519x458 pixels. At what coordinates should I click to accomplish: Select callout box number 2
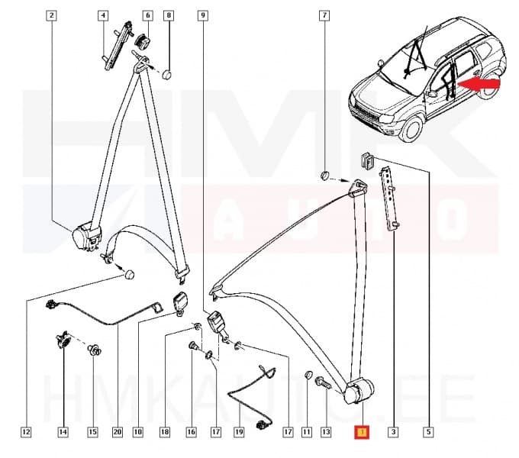click(x=51, y=15)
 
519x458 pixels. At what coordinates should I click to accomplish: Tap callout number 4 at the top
click(x=103, y=15)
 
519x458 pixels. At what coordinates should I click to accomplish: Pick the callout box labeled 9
click(x=202, y=15)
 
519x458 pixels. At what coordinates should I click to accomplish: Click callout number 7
click(x=324, y=15)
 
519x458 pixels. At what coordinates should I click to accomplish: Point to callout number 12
click(x=26, y=433)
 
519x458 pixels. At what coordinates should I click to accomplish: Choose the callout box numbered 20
click(x=117, y=433)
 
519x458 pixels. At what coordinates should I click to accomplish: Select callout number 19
click(x=239, y=433)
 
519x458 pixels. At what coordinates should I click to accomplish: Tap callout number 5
click(x=428, y=433)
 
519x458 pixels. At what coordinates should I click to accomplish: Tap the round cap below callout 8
click(x=169, y=74)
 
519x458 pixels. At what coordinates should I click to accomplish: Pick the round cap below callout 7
click(x=324, y=175)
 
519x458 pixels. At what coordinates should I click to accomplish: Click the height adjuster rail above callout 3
click(x=391, y=198)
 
